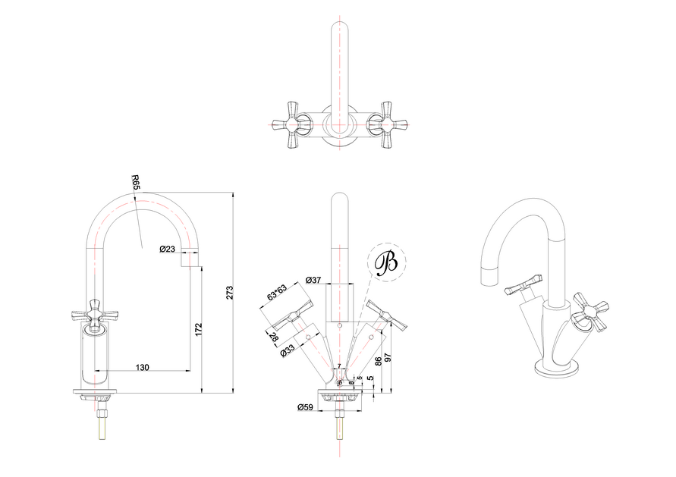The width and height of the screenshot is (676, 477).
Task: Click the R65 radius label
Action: tap(136, 183)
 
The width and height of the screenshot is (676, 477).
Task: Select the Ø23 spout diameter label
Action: tap(168, 249)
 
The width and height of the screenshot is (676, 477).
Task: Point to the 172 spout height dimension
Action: tap(198, 329)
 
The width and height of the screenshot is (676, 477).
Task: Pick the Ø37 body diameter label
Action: tap(313, 280)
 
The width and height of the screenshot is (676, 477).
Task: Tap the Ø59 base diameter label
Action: tap(306, 408)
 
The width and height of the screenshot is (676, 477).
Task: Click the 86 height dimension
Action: tap(379, 361)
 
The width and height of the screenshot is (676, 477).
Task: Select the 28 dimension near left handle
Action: tap(274, 337)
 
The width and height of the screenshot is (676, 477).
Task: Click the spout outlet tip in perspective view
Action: tap(486, 272)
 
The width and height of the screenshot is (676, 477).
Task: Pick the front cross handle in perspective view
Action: tap(591, 313)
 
